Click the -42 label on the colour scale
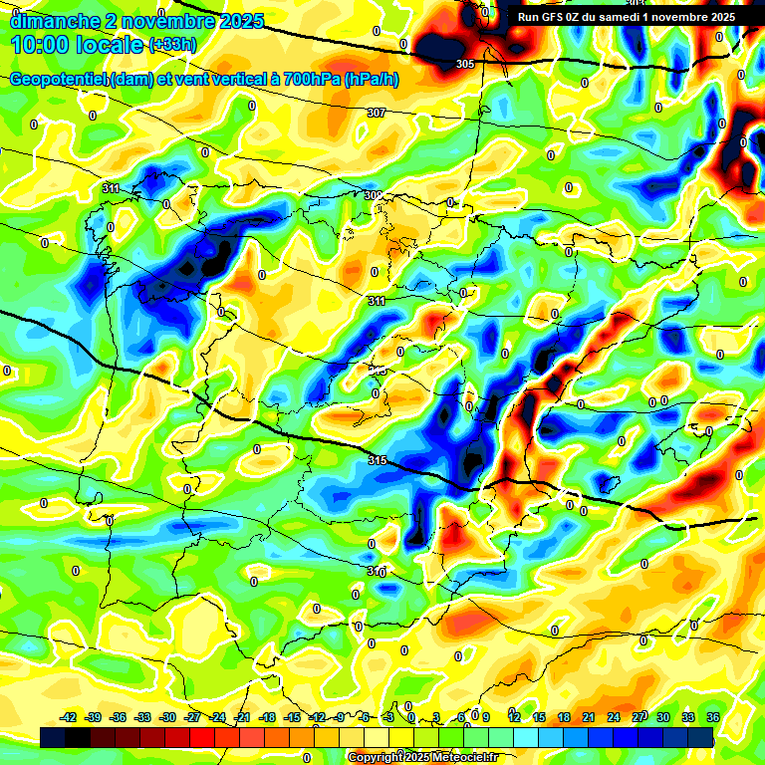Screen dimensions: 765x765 (69, 717)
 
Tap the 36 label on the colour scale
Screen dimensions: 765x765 (712, 717)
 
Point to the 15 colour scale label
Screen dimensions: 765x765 (539, 717)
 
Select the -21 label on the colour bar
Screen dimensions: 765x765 (242, 717)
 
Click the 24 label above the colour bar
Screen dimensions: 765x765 (613, 717)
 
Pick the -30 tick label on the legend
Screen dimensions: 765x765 (167, 717)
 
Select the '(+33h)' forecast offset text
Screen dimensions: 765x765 (172, 45)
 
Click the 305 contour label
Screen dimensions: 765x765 (464, 65)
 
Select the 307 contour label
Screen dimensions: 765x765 (376, 114)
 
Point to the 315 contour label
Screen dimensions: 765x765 (377, 460)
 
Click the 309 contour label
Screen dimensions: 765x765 (374, 196)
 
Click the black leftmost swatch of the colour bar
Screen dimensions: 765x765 (53, 737)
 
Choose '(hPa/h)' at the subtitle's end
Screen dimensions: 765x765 (371, 80)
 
